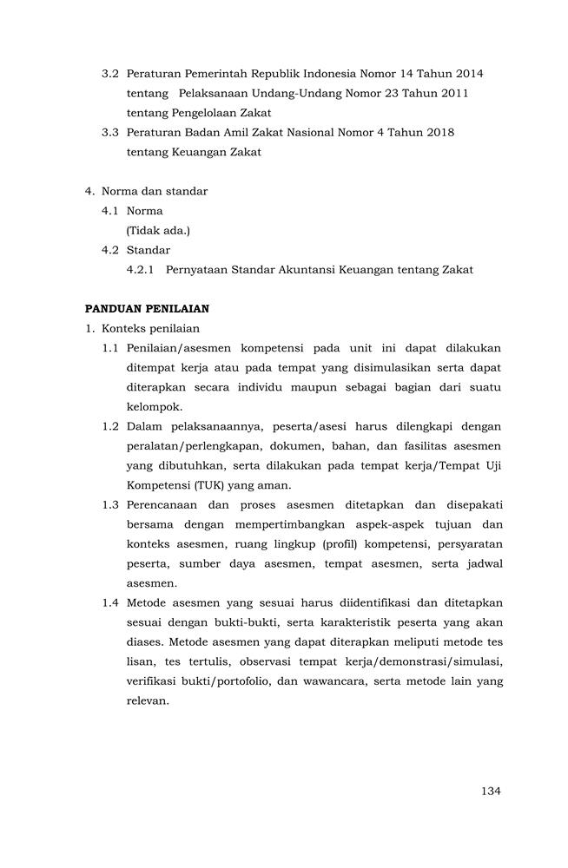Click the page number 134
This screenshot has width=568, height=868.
[491, 791]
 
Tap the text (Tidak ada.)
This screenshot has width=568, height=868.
[158, 230]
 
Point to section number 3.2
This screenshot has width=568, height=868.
[110, 73]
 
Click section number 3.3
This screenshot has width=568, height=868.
[110, 132]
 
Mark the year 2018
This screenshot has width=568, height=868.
[437, 132]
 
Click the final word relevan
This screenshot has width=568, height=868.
[148, 700]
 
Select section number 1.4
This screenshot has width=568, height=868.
[110, 602]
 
